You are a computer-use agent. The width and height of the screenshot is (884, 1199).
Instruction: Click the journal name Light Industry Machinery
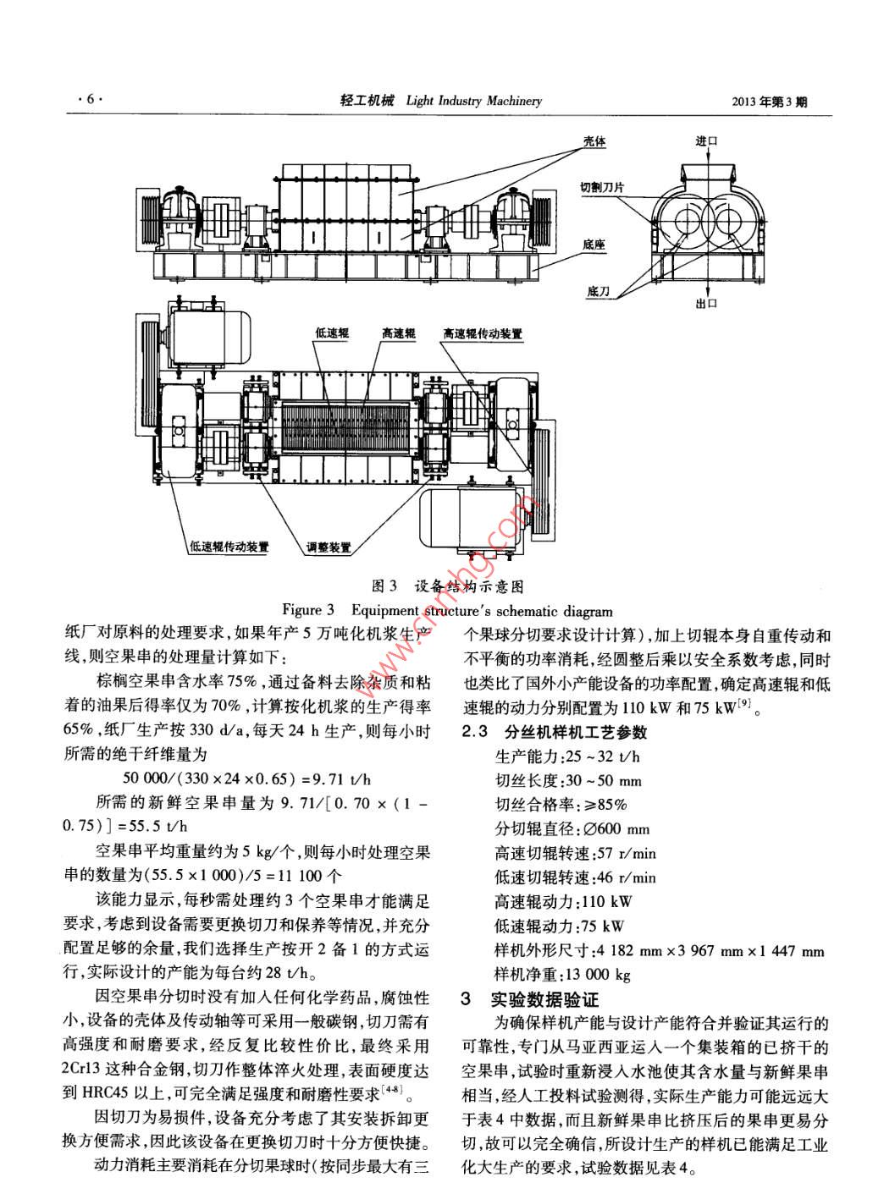[x=474, y=101]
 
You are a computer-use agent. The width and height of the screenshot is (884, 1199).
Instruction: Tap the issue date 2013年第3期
[x=769, y=102]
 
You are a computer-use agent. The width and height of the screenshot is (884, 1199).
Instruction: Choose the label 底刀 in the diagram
[x=598, y=291]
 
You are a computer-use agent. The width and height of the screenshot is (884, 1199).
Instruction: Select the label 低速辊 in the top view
[x=332, y=333]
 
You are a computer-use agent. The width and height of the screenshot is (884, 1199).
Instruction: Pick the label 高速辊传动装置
[x=482, y=333]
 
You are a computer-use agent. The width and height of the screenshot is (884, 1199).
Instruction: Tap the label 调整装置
[x=329, y=547]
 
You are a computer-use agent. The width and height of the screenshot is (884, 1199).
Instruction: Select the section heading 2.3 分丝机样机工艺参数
[x=554, y=732]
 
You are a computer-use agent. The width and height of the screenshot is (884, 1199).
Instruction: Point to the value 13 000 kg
[x=602, y=975]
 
